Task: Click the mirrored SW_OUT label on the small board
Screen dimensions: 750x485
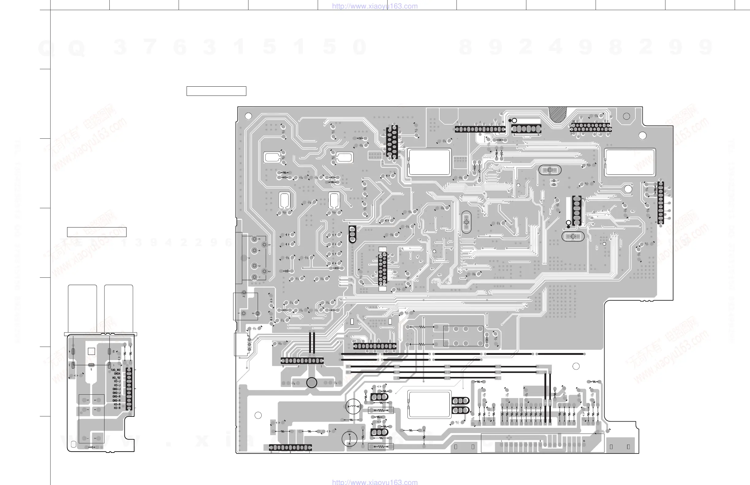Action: [x=115, y=370]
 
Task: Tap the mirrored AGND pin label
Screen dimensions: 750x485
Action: [x=117, y=374]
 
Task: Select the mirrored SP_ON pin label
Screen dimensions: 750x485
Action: [x=116, y=378]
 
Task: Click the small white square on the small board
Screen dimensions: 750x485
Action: [x=91, y=351]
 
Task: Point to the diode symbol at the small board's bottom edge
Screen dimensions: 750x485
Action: [x=92, y=447]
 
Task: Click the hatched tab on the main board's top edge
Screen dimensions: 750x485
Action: [x=558, y=114]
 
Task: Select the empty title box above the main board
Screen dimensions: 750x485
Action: [x=216, y=91]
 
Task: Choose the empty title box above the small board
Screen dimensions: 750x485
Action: [x=97, y=232]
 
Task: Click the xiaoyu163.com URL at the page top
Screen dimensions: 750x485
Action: [x=375, y=6]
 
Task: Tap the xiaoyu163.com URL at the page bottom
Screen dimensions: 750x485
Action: [x=375, y=482]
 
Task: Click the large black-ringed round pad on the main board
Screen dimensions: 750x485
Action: [x=312, y=383]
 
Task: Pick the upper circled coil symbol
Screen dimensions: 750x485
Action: [x=353, y=407]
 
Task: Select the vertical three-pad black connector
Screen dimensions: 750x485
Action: [x=352, y=234]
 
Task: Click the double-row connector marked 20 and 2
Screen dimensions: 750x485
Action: [x=591, y=127]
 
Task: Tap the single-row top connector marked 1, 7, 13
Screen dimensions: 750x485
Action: [x=479, y=129]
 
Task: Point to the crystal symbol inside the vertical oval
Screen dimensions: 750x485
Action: [x=466, y=222]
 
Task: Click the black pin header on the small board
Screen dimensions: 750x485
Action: [x=129, y=389]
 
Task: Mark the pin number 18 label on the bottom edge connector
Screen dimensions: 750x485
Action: [x=584, y=441]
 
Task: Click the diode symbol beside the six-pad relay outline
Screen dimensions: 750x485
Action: [x=487, y=340]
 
